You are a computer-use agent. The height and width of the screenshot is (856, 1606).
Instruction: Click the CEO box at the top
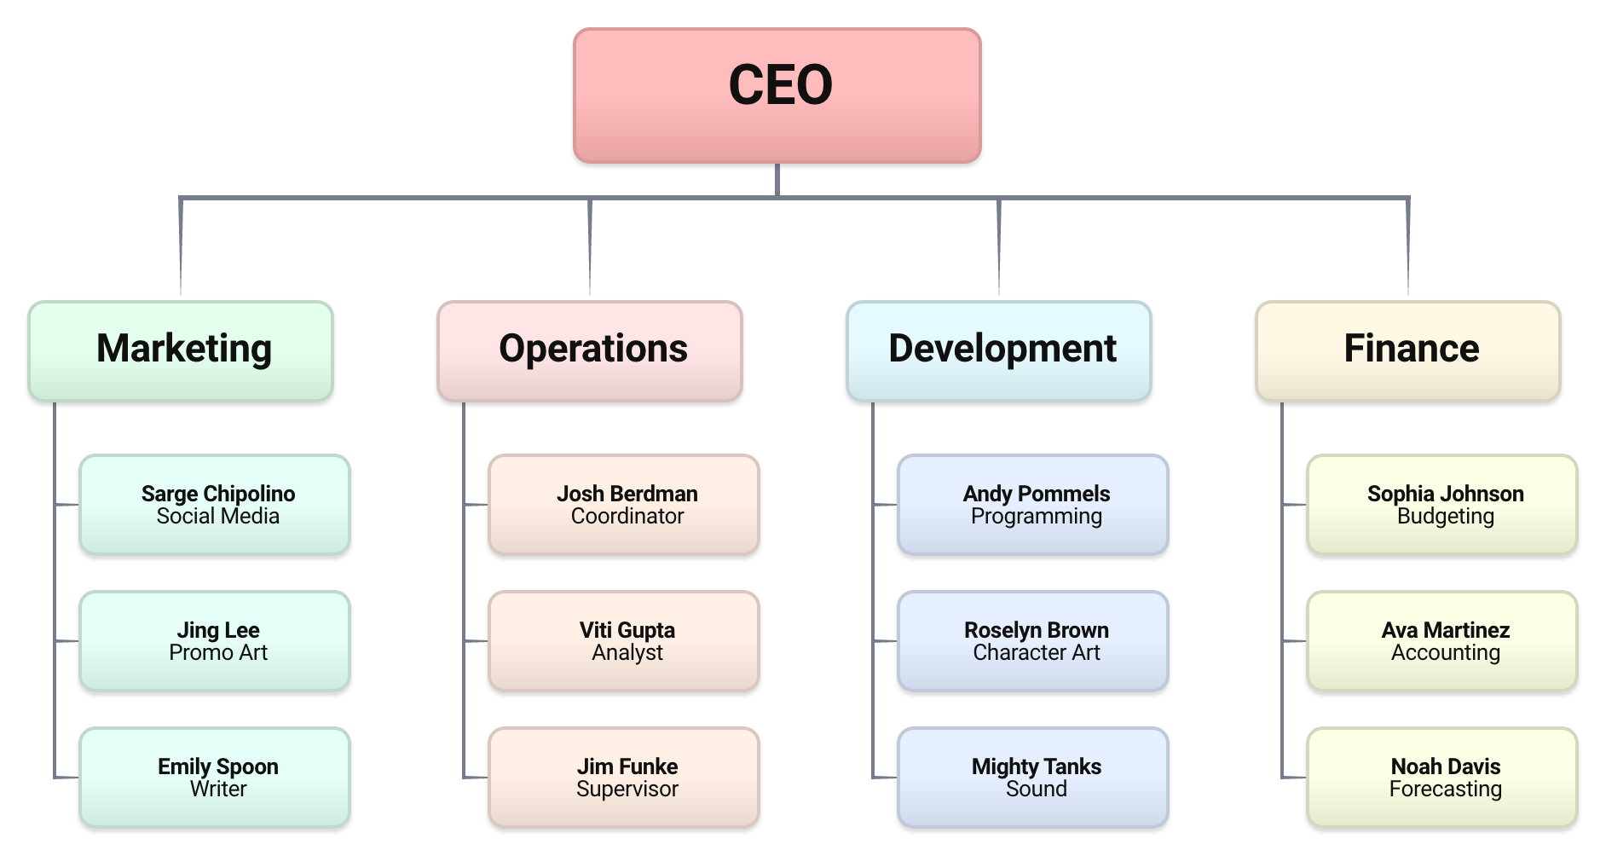[x=777, y=95]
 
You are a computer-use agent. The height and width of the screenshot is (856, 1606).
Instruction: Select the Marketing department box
[x=181, y=351]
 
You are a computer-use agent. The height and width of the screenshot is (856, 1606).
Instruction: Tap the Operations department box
[x=590, y=351]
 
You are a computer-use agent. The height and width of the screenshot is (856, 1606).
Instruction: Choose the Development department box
[x=999, y=351]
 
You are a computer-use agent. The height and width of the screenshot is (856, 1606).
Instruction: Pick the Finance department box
[x=1408, y=351]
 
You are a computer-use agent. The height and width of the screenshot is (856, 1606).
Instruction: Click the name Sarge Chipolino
[x=218, y=494]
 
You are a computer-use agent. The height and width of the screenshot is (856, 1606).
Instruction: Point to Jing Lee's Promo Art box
[x=215, y=641]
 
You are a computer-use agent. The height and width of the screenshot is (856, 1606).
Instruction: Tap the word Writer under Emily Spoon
[x=218, y=789]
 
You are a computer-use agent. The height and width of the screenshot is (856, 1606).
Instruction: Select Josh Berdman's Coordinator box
[x=624, y=505]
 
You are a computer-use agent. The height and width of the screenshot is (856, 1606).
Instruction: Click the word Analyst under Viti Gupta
[x=627, y=652]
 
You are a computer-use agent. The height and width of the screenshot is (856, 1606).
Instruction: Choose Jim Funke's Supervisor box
[x=624, y=778]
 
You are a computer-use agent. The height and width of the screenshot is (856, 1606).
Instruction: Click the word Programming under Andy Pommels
[x=1037, y=517]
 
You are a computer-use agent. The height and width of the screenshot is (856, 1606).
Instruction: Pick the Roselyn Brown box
[x=1033, y=641]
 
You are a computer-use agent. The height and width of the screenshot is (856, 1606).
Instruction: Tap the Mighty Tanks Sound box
[x=1033, y=778]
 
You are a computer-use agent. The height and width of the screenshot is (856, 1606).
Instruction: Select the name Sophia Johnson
[x=1446, y=494]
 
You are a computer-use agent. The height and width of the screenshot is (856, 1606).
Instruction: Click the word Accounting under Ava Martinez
[x=1446, y=653]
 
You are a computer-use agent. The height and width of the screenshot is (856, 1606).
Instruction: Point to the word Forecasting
[x=1446, y=789]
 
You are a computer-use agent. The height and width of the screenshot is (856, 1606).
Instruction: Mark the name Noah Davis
[x=1446, y=766]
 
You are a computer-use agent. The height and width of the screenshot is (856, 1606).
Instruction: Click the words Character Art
[x=1037, y=652]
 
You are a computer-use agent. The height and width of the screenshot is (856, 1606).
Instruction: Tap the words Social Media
[x=218, y=516]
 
